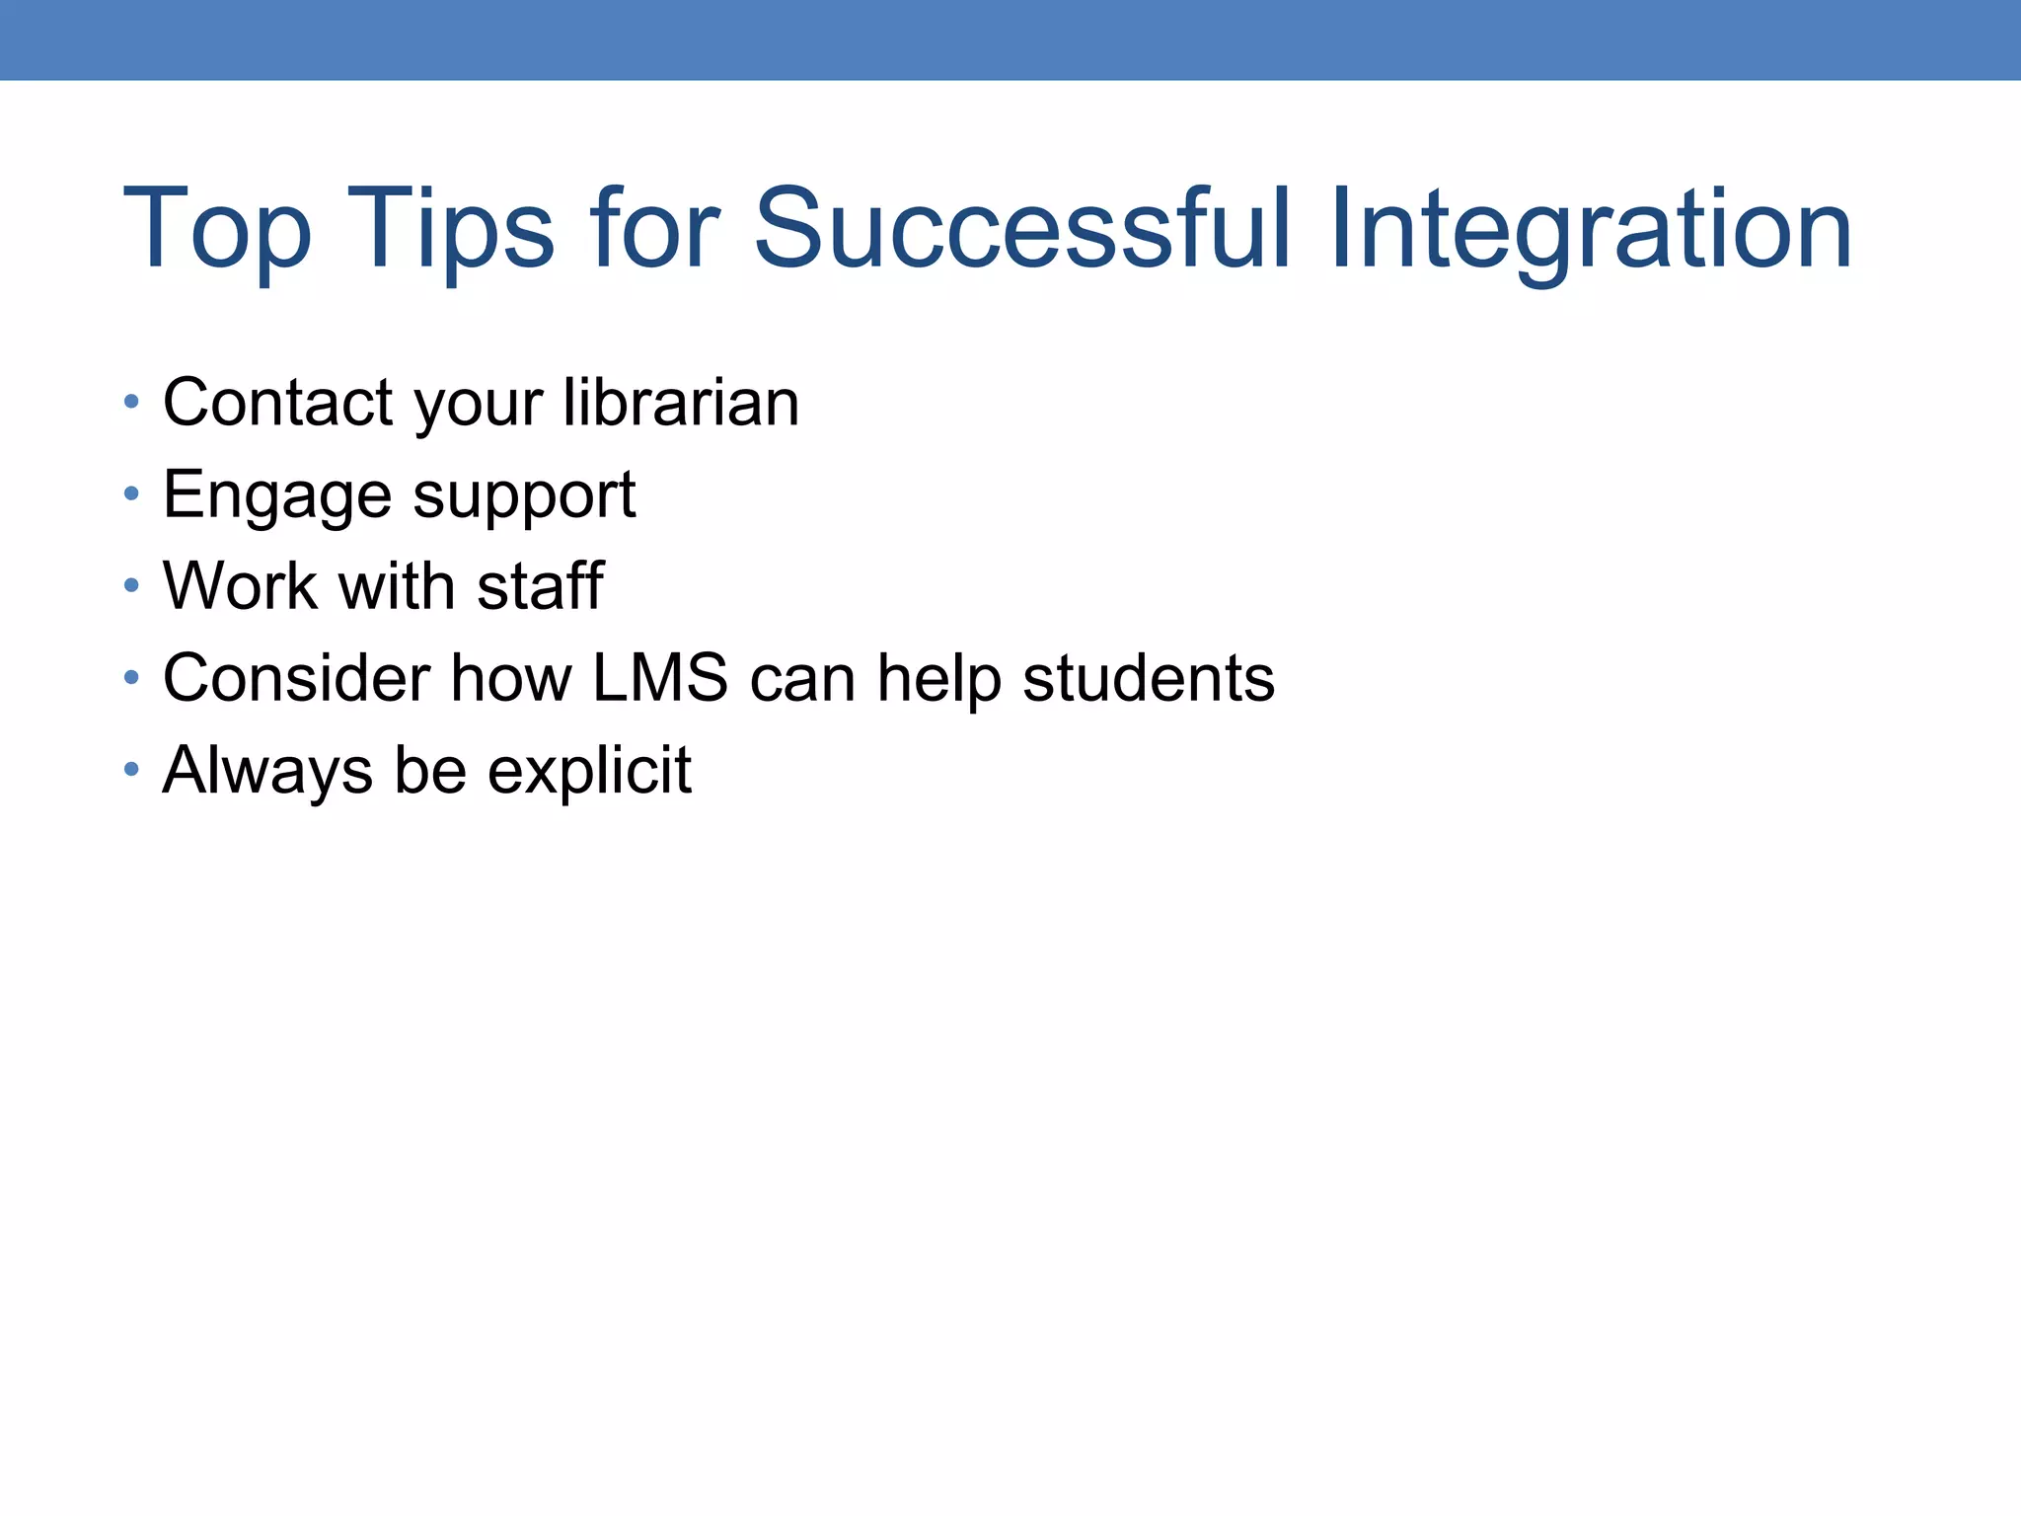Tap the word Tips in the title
tap(450, 229)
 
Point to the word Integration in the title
tap(1590, 229)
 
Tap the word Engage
tap(277, 495)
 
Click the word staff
tap(540, 585)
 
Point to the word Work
tap(241, 585)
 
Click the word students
tap(1149, 678)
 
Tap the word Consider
tap(296, 678)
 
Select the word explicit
tap(589, 771)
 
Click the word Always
tap(267, 771)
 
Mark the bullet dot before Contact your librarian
tap(131, 402)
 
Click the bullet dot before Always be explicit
tap(131, 769)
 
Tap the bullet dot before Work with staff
tap(131, 585)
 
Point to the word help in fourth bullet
tap(938, 679)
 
